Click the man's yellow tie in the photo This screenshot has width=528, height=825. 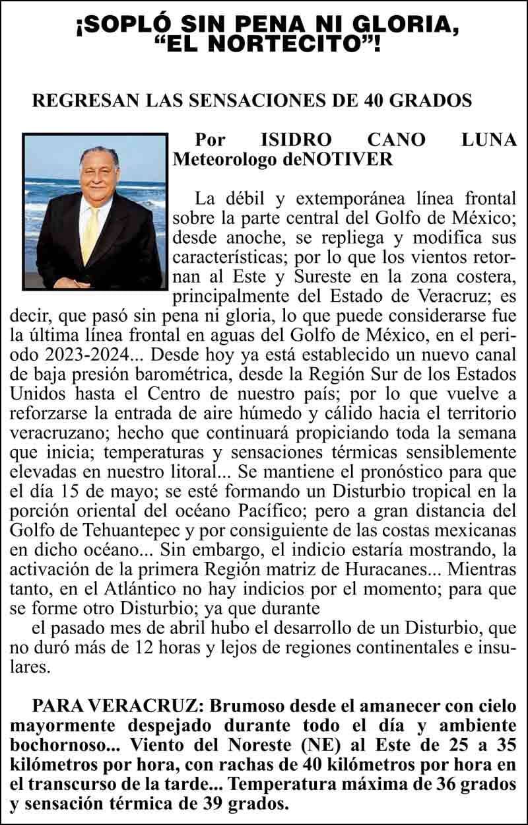click(x=90, y=231)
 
